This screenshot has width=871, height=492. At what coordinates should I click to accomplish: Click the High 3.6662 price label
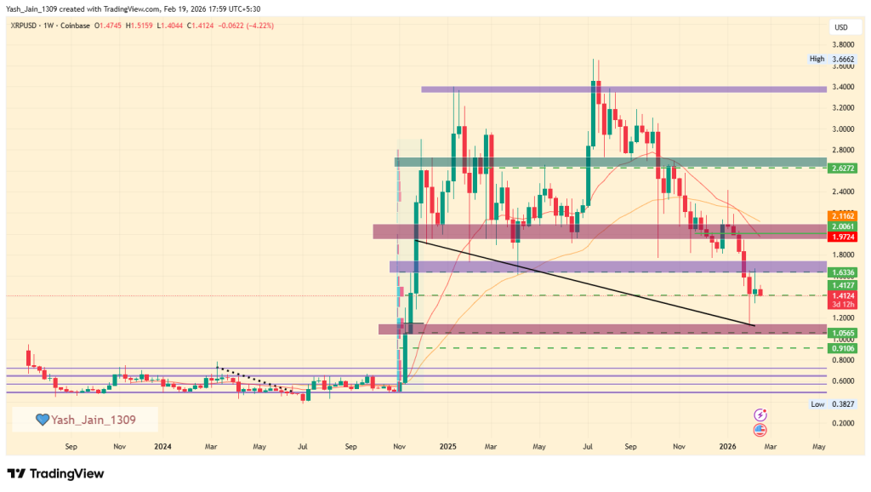[829, 59]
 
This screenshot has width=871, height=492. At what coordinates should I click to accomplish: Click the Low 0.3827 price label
[829, 405]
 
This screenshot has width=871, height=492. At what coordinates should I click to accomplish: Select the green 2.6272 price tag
[843, 169]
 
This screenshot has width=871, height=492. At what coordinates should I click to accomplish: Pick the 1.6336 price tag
[843, 272]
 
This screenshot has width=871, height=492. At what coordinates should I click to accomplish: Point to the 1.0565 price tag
[843, 333]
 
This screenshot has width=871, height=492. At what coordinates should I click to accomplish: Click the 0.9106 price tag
[843, 348]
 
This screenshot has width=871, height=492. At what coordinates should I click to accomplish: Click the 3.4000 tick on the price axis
[843, 87]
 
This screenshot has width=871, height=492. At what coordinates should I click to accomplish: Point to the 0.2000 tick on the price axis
[843, 423]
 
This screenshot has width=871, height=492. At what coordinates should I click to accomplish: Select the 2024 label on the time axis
[162, 445]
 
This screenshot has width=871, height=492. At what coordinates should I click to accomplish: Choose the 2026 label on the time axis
[728, 445]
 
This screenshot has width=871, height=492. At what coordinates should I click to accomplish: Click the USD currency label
[841, 27]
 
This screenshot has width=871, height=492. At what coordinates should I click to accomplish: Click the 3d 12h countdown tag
[843, 304]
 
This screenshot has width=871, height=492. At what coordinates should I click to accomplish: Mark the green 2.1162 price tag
[843, 216]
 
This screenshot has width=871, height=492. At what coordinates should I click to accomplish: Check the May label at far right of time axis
[818, 445]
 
